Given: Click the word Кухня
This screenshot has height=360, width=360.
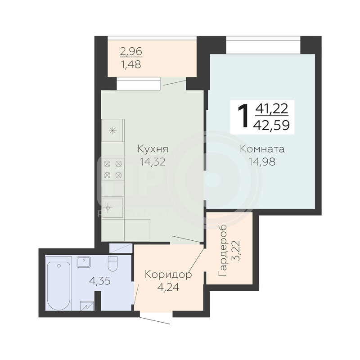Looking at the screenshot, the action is click(153, 149).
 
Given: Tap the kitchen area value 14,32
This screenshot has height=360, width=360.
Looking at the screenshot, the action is click(153, 162).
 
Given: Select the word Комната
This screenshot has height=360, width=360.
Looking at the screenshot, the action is click(262, 149).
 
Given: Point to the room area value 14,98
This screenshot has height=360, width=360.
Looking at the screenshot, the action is click(262, 162).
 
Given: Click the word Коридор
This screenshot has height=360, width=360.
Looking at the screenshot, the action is click(168, 275).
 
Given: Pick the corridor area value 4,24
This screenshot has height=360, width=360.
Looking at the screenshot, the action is click(168, 287).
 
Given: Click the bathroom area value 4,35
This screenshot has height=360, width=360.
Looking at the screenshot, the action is click(100, 281).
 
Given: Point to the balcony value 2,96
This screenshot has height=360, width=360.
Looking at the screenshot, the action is click(131, 51).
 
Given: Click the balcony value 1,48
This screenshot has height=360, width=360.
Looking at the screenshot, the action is click(130, 64).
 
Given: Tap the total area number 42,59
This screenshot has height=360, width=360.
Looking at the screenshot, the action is click(271, 126).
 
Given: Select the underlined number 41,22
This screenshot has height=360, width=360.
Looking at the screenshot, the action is click(272, 109).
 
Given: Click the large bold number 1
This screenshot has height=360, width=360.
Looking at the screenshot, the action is click(243, 115).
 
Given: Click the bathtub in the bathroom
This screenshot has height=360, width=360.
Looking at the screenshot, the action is click(58, 286).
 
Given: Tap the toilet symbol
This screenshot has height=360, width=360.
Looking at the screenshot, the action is click(113, 264).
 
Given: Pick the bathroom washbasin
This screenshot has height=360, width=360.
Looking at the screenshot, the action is click(84, 262).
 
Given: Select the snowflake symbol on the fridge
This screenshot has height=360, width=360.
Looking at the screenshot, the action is click(113, 131).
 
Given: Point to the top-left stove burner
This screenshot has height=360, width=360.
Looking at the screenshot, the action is click(107, 164).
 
